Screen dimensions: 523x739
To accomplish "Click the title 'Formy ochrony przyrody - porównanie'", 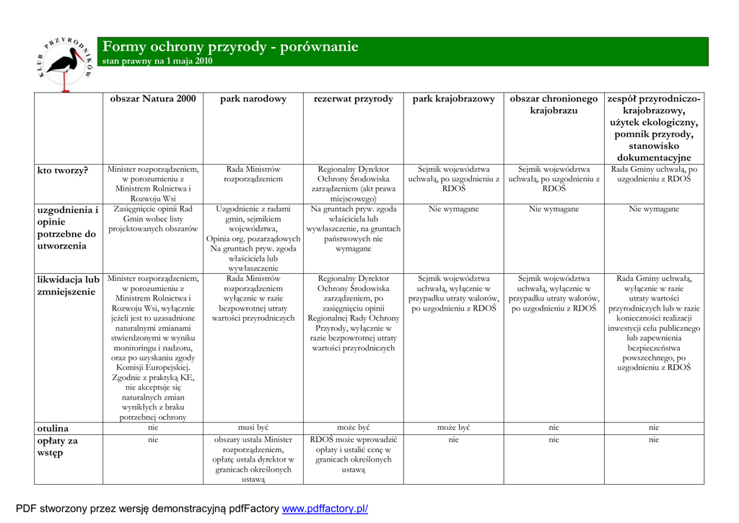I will tap(230, 48).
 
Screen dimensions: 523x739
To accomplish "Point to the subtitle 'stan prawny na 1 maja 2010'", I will tap(157, 61).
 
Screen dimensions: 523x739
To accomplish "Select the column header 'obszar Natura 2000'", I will tap(153, 99).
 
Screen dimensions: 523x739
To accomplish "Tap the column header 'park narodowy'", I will tap(253, 99).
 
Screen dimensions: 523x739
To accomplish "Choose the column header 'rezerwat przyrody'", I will tap(354, 99).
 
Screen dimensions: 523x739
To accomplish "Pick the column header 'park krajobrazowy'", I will tap(454, 99).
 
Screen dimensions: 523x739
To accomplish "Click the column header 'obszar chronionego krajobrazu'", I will tap(554, 105).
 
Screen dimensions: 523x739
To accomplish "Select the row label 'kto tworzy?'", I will tap(63, 170).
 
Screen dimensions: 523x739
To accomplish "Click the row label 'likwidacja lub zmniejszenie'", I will tap(69, 285).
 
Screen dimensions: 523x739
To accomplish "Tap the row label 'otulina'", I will tap(53, 428).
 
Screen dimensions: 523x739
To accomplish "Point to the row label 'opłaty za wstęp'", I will tap(58, 446).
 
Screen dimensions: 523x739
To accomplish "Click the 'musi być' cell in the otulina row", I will tap(253, 428).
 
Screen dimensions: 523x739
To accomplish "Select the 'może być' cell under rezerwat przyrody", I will tap(354, 428).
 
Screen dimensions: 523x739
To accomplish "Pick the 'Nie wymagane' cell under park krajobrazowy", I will tap(454, 209).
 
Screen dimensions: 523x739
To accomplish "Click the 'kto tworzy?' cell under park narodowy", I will tap(253, 174).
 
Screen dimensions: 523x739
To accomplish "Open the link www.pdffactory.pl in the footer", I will tap(325, 509).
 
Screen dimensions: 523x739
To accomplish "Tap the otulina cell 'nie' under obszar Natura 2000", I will tap(153, 428).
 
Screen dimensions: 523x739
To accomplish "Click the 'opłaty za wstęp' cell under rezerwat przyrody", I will tap(354, 454).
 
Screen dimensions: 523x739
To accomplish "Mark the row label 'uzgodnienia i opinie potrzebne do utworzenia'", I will tap(67, 228).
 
